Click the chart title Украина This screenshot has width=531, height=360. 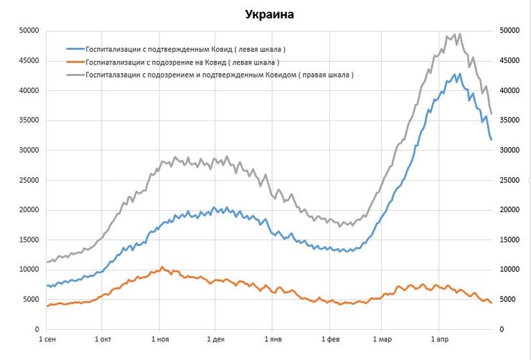pyautogui.click(x=269, y=14)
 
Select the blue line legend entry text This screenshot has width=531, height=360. pyautogui.click(x=185, y=49)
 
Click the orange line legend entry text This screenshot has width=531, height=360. pyautogui.click(x=182, y=62)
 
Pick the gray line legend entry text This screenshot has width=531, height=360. pyautogui.click(x=219, y=74)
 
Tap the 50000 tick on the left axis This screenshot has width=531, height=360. pyautogui.click(x=29, y=31)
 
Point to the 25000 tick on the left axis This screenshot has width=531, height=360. pyautogui.click(x=29, y=180)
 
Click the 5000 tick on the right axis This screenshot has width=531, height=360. pyautogui.click(x=507, y=300)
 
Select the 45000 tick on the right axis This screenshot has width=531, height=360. pyautogui.click(x=509, y=61)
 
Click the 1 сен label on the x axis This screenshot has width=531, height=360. pyautogui.click(x=47, y=338)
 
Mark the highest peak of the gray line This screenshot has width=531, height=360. pyautogui.click(x=459, y=33)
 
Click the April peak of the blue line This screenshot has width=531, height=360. pyautogui.click(x=459, y=73)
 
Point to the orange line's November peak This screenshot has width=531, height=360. pyautogui.click(x=162, y=267)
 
